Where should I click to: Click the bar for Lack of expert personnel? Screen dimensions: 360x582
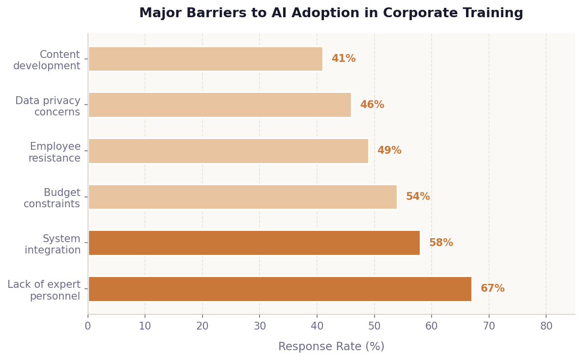[280, 289]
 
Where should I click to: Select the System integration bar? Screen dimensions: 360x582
[254, 243]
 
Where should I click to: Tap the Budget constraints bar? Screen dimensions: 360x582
[242, 197]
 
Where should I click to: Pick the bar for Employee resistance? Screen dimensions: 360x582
[228, 151]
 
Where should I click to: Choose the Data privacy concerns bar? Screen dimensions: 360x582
[220, 105]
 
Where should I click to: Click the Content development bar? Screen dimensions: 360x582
[205, 59]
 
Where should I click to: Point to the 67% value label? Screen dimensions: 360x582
[492, 289]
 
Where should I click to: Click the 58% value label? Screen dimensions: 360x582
[440, 243]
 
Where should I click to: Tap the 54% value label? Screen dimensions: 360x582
[417, 197]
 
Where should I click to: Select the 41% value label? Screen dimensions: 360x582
[343, 59]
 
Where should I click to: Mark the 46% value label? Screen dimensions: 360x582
[372, 105]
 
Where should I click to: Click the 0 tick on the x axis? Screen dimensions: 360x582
[88, 326]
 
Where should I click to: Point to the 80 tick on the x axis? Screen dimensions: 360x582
[546, 326]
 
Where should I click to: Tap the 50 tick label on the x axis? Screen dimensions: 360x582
[374, 326]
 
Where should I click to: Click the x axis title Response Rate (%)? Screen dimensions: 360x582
[331, 347]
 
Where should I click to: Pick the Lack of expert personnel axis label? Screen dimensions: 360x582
[44, 291]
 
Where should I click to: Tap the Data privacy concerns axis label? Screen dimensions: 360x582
[48, 107]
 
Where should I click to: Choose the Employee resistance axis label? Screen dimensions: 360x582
[55, 152]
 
